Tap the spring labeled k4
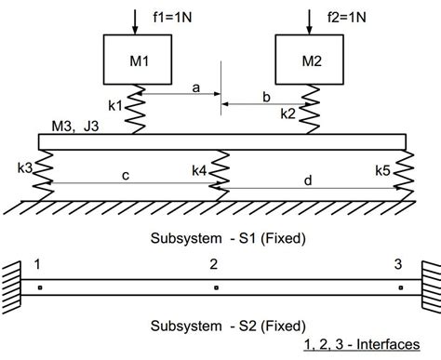coord(221,170)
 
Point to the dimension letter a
coord(196,87)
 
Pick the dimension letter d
coord(308,181)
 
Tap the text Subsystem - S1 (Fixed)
coord(228,238)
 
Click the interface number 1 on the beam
coord(37,263)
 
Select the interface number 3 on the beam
coord(398,263)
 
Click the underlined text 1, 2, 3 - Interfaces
coord(361,345)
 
